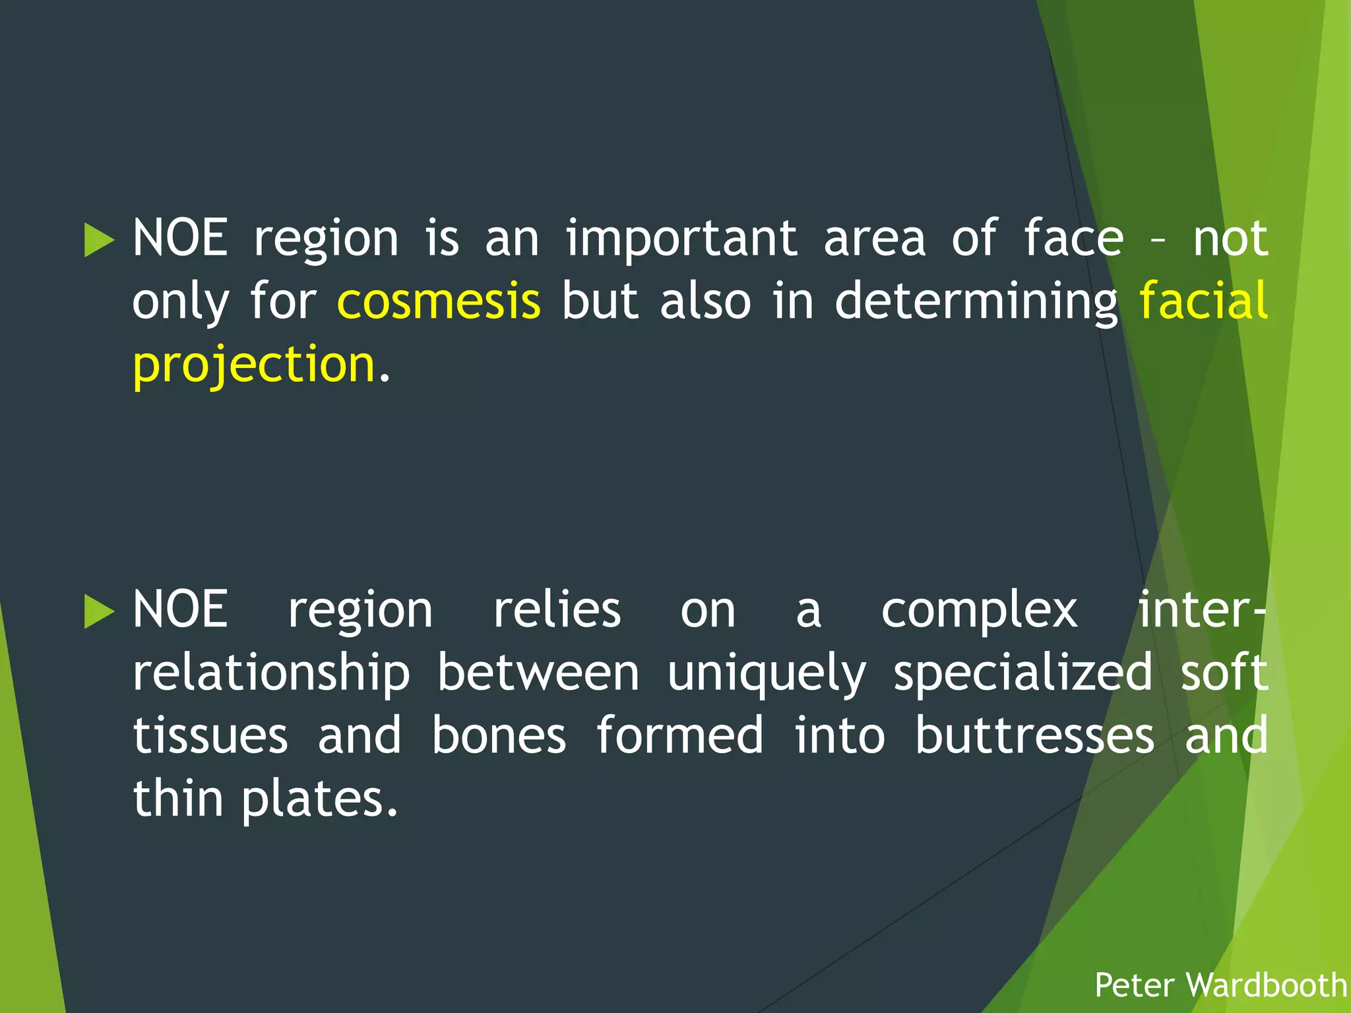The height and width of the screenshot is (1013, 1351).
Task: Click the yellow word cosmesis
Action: pos(439,301)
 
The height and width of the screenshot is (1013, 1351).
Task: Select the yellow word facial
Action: pos(1203,301)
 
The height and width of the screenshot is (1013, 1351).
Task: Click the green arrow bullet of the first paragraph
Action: pos(100,239)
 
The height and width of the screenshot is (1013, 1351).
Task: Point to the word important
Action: pos(681,239)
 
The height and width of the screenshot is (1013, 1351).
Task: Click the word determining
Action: pos(976,301)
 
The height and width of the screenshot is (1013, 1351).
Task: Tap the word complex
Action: pos(980,611)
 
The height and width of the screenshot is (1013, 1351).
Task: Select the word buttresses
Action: pos(1034,735)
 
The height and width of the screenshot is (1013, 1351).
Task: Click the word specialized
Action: pos(1022,673)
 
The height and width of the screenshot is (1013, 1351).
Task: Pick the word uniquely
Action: pos(766,673)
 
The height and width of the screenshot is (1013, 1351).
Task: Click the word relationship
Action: pos(271,673)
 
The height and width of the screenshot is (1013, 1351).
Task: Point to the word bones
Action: pos(499,735)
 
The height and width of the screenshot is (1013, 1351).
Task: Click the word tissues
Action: pos(210,735)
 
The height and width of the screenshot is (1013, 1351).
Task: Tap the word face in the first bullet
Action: pos(1073,239)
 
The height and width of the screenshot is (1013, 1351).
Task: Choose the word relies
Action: pos(557,610)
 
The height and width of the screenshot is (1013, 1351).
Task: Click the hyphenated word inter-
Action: pos(1202,610)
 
